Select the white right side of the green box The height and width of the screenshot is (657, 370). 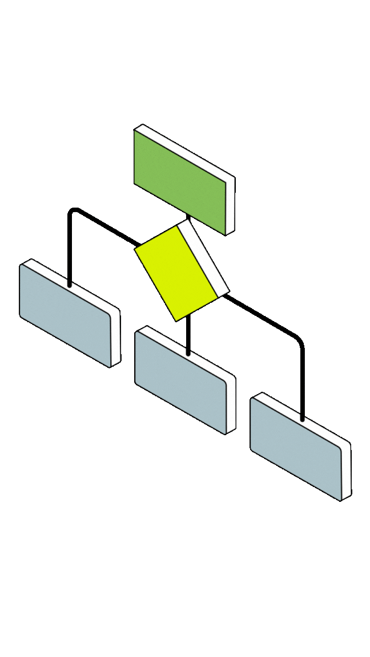[x=230, y=205]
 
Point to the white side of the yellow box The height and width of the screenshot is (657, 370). [x=203, y=256]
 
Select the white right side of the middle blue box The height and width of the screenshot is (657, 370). [x=231, y=404]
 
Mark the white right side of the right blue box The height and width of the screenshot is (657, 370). [x=346, y=472]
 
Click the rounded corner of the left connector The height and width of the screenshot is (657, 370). [x=73, y=212]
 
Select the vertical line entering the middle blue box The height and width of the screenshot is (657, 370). [x=188, y=336]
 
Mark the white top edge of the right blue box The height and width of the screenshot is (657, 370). [x=303, y=419]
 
